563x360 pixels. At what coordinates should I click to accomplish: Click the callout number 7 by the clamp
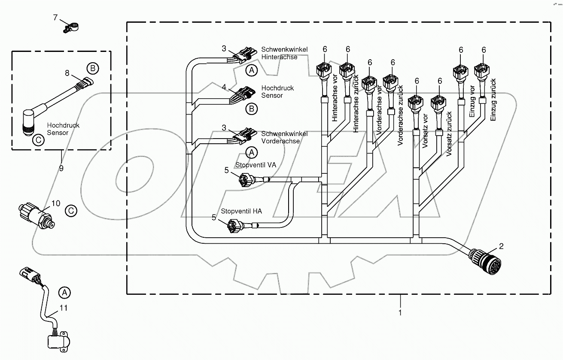pyautogui.click(x=55, y=18)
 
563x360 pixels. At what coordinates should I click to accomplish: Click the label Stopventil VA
pyautogui.click(x=256, y=165)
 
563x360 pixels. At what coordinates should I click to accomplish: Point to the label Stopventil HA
pyautogui.click(x=241, y=211)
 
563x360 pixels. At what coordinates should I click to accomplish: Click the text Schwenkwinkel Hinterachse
pyautogui.click(x=284, y=53)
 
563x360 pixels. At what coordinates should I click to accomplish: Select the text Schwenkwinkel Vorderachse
pyautogui.click(x=284, y=137)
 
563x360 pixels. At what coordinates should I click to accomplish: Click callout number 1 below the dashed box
pyautogui.click(x=400, y=313)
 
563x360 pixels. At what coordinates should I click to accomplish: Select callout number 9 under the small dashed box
pyautogui.click(x=61, y=169)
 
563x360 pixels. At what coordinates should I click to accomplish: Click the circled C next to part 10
pyautogui.click(x=71, y=211)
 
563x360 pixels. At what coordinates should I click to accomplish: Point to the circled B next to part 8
pyautogui.click(x=92, y=68)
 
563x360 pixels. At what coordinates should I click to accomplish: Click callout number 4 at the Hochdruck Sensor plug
pyautogui.click(x=224, y=88)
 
